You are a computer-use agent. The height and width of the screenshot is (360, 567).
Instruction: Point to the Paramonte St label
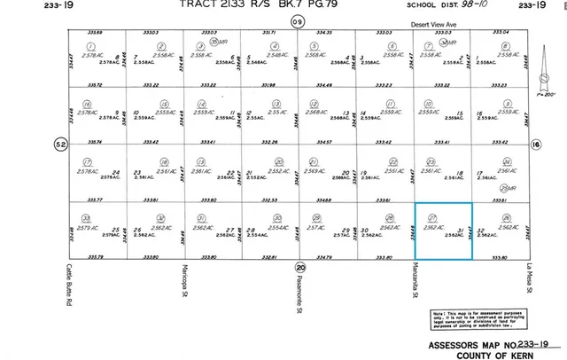coord(299,288)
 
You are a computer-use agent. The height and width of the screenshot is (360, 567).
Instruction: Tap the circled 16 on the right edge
coord(535,144)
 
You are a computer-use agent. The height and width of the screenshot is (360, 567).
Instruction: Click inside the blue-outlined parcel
coord(444,231)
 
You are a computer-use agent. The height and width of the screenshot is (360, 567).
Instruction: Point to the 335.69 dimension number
coord(95,32)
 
